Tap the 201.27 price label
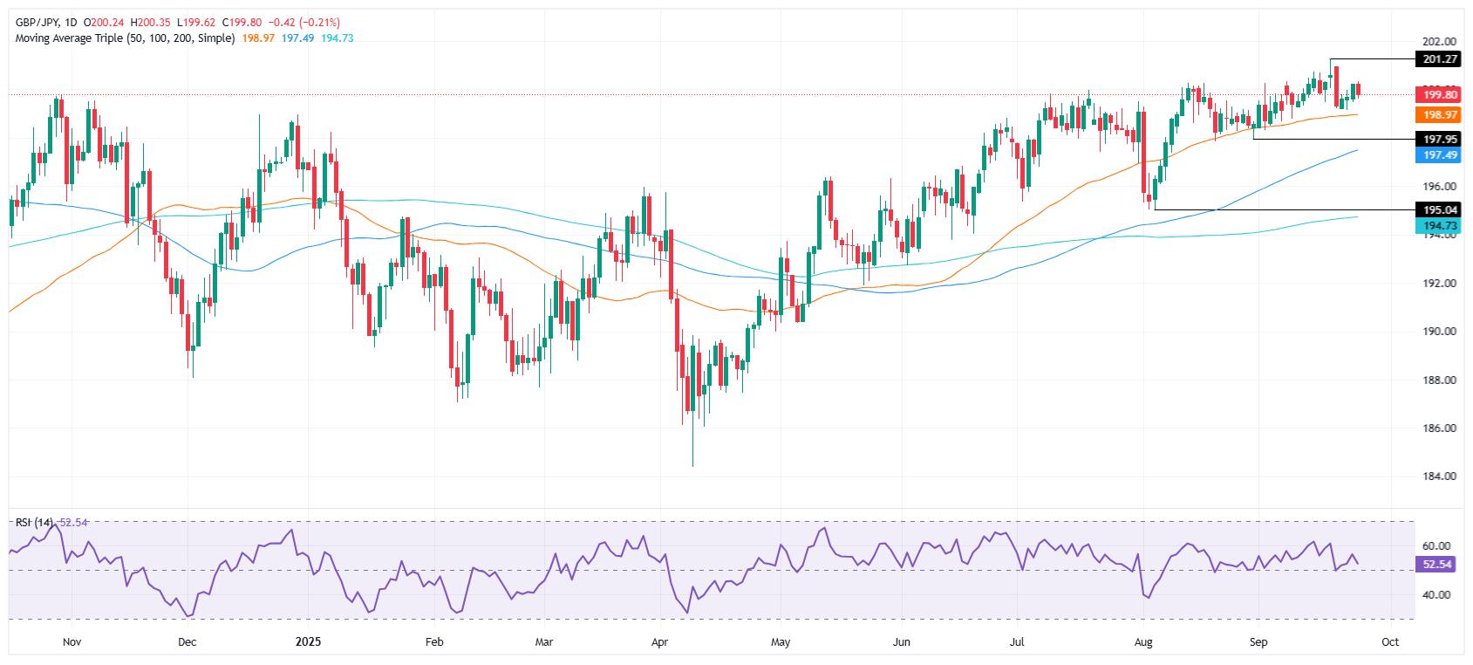pos(1438,59)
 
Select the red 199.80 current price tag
pos(1438,94)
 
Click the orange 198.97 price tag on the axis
pos(1438,114)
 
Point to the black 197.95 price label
pos(1438,139)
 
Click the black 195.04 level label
pos(1438,209)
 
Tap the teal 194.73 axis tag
pos(1438,225)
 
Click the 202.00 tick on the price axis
pos(1438,41)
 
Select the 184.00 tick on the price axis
pos(1438,476)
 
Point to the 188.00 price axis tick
pos(1438,380)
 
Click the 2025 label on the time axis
pos(308,642)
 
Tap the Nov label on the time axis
pos(72,642)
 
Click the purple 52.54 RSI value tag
pos(1438,565)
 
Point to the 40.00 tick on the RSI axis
pos(1438,594)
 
